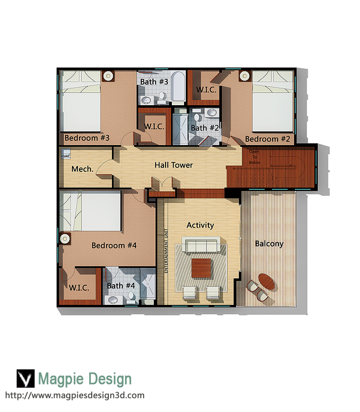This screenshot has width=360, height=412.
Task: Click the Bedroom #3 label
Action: click(87, 138)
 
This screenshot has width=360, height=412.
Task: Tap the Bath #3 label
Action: click(154, 82)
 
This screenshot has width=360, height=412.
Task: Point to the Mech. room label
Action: click(82, 169)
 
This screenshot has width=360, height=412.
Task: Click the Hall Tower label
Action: click(174, 165)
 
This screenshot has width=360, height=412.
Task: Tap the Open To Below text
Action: click(255, 157)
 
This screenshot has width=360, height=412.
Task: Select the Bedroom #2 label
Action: click(267, 139)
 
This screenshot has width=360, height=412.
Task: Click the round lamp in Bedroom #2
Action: click(244, 76)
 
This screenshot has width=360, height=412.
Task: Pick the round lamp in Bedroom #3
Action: click(108, 76)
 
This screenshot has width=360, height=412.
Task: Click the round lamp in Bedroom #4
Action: click(64, 239)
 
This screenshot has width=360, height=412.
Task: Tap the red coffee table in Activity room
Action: click(201, 268)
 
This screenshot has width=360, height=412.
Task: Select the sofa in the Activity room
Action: click(201, 245)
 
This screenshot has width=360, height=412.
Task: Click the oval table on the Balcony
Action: click(266, 282)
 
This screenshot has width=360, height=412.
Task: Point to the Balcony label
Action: click(269, 244)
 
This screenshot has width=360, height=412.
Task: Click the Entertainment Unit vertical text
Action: click(166, 251)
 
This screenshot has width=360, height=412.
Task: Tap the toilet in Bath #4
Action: click(131, 296)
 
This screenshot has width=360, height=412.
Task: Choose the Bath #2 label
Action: click(205, 128)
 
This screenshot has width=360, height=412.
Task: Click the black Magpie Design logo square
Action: click(26, 378)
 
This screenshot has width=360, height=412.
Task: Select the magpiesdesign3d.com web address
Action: click(75, 395)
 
